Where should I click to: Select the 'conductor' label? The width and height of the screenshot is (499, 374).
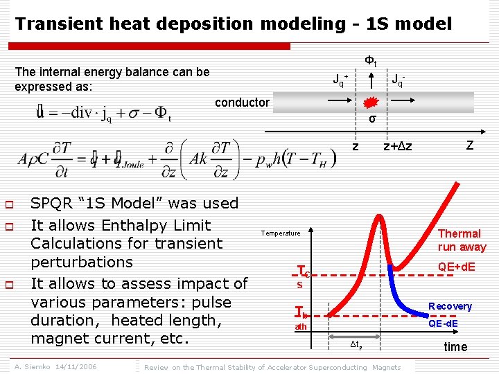(242, 103)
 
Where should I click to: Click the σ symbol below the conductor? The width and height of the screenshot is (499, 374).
(372, 119)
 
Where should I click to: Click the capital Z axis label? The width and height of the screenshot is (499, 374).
(470, 145)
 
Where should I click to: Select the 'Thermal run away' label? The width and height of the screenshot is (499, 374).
(462, 240)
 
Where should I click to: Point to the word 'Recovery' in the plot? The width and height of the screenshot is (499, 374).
(450, 306)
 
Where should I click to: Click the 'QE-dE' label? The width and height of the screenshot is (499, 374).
(447, 322)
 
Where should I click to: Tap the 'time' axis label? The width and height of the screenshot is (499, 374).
(455, 347)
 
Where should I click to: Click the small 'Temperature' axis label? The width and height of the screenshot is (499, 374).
(280, 233)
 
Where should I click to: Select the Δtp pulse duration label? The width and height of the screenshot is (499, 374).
(356, 344)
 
